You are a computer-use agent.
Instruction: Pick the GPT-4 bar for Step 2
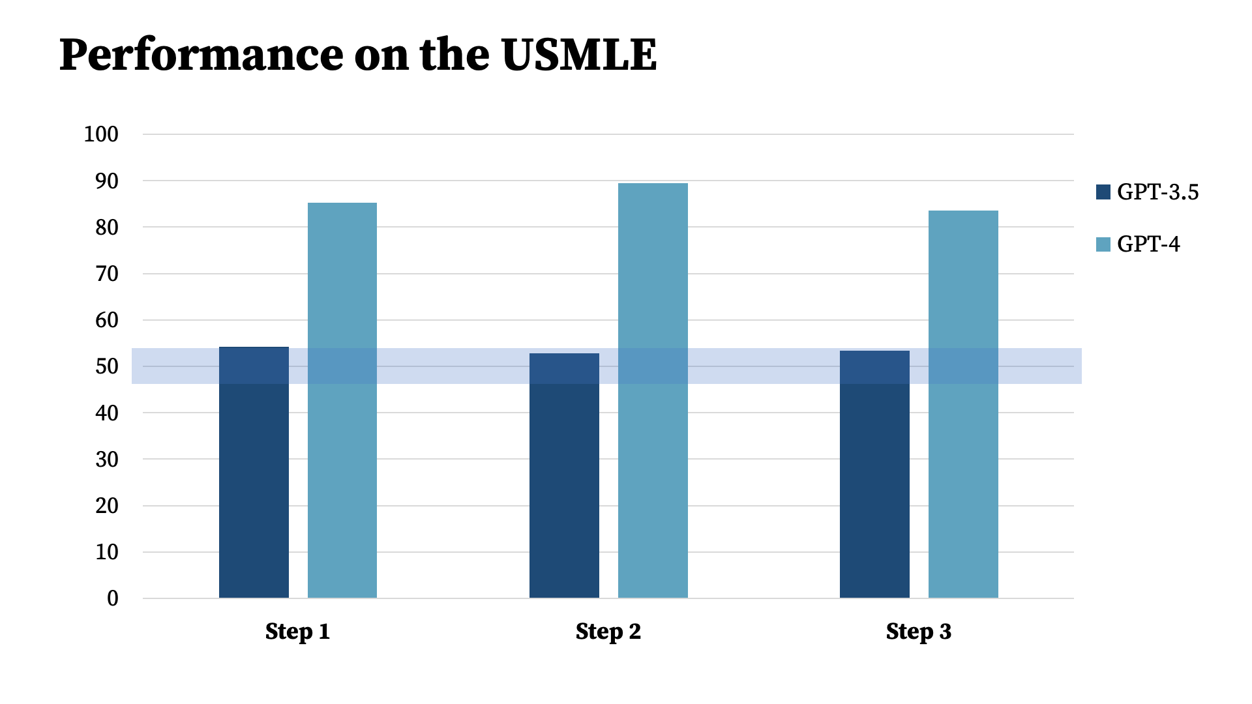point(653,390)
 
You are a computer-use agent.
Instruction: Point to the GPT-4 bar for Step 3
point(963,404)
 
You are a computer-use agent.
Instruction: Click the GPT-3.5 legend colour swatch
point(1103,192)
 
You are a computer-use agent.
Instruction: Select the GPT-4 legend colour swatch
point(1103,244)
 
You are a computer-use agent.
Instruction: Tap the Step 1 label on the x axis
point(297,632)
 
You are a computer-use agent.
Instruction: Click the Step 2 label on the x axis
point(608,632)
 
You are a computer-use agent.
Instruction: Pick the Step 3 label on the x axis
point(918,632)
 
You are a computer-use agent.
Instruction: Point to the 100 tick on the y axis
point(101,134)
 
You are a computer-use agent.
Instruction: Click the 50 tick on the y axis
point(107,366)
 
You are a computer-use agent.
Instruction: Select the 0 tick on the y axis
point(113,598)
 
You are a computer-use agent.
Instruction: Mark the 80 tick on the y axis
point(107,227)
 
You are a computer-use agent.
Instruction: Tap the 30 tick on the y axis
point(107,460)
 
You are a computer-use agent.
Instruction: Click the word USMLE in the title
point(579,55)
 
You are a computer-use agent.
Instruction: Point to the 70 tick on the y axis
point(107,274)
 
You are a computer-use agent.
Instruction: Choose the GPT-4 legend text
point(1148,244)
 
